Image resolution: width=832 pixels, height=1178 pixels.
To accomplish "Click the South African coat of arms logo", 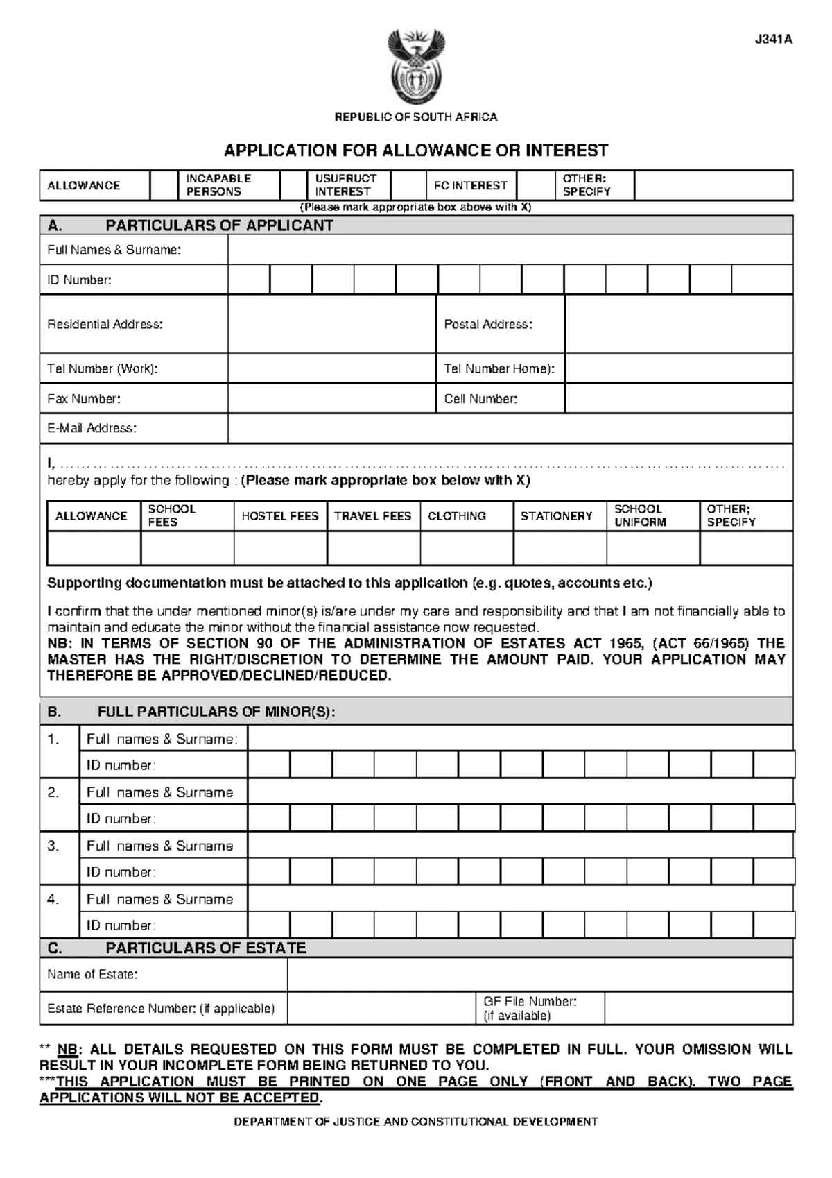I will coord(415,67).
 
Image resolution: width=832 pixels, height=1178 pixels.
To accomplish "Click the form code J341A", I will coord(773,40).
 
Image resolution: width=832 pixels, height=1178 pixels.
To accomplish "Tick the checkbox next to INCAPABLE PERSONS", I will coord(293,185).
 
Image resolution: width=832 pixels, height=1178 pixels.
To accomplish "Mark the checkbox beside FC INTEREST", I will coord(535,185).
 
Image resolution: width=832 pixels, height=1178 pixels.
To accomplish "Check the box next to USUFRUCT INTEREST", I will coord(408,185).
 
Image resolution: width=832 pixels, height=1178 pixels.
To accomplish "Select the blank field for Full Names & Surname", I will coord(510,250).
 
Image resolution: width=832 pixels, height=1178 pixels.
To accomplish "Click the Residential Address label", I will coord(105,324).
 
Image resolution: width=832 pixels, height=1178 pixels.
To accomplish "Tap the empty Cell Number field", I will coord(678,399).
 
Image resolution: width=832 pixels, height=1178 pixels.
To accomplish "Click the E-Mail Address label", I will coord(92,428).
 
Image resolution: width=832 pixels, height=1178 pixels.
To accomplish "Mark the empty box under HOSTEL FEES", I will coord(280,548).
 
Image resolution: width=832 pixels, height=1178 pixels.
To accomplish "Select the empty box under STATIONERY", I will coord(560,548).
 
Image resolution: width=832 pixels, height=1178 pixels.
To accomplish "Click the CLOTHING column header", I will coord(457,516).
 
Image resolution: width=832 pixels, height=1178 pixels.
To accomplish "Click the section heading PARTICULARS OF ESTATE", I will coord(205,948).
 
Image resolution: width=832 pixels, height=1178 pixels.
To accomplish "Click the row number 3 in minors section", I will coord(53,846).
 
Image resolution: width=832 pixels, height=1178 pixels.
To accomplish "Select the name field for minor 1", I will coord(520,739).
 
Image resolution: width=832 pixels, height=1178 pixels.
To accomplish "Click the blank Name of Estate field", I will coord(539,974).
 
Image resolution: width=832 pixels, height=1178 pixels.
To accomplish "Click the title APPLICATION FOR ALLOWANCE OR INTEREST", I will coord(415,151).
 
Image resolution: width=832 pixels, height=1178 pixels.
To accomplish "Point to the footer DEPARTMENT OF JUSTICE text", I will coord(415,1121).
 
